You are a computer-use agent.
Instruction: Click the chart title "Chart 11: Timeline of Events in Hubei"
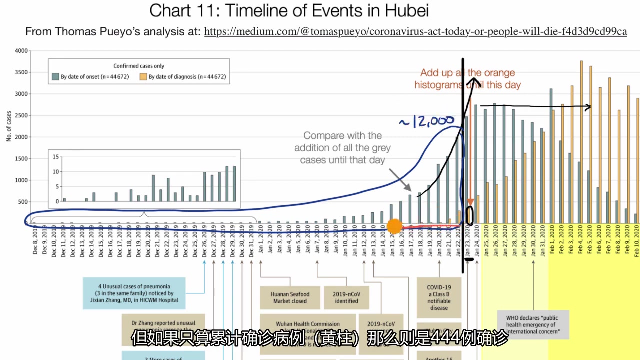coord(289,10)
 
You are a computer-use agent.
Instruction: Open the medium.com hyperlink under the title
coord(415,32)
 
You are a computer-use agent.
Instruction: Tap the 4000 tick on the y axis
coord(21,51)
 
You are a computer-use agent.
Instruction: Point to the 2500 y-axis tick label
coord(21,116)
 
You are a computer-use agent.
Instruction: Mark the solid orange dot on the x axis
coord(395,226)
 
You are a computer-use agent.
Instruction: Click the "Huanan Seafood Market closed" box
coord(290,297)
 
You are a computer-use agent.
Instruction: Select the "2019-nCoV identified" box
coord(346,297)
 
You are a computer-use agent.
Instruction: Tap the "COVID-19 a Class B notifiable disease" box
coord(438,297)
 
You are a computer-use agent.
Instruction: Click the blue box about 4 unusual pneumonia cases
coord(135,293)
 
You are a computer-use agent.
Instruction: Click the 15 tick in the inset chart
coord(56,157)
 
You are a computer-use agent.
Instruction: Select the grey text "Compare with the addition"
coord(342,147)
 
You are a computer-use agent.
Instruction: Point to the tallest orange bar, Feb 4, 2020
coord(581,142)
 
